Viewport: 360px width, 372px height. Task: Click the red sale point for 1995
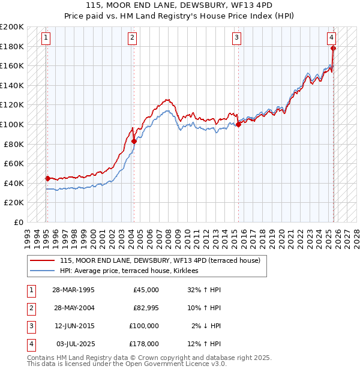pos(47,178)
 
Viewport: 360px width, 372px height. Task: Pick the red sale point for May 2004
pos(134,141)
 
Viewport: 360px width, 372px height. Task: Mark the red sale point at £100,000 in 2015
pos(238,124)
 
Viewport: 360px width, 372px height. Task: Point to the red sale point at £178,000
pos(333,48)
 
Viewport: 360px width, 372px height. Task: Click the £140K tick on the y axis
pos(12,85)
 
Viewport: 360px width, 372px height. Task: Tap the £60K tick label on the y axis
pos(14,163)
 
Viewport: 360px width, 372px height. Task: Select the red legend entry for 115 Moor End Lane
pos(159,261)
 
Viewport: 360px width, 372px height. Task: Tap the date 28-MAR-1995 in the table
pos(73,290)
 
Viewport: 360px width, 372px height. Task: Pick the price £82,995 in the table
pos(146,308)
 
